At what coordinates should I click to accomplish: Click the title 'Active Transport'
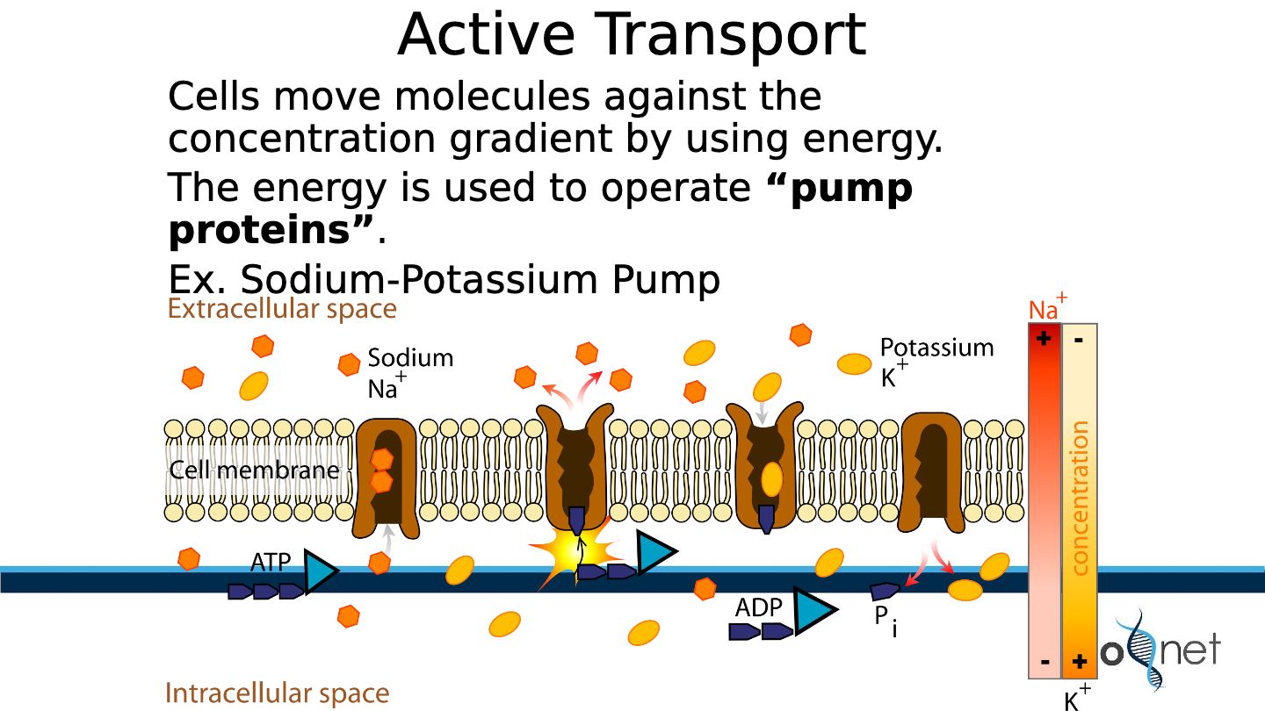pos(632,35)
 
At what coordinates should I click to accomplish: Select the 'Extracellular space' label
pos(282,309)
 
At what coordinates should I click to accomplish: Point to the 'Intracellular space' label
pos(278,693)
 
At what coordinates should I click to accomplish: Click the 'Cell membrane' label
pos(254,470)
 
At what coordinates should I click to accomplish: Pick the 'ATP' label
pos(271,562)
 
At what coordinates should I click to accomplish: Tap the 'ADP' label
pos(758,607)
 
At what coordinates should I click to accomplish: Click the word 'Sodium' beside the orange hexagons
pos(410,358)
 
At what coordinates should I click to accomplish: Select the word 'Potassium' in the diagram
pos(936,348)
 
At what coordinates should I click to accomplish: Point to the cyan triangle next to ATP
pos(320,571)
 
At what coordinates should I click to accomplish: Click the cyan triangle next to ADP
pos(813,611)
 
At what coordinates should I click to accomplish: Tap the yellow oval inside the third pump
pos(771,479)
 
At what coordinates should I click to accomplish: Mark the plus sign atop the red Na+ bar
pos(1044,339)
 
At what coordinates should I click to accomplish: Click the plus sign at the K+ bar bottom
pos(1079,661)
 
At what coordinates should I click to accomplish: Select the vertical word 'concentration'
pos(1079,498)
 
